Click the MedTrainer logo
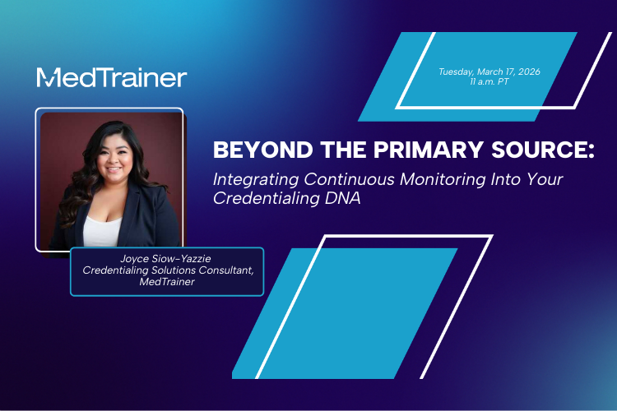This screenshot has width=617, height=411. tap(112, 77)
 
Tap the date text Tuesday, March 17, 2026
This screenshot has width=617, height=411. tap(489, 72)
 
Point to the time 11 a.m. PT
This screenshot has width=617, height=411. tap(489, 83)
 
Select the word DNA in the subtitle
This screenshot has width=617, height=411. tap(336, 196)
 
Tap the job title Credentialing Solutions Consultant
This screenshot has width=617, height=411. tap(165, 271)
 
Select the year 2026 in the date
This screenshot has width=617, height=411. tap(527, 72)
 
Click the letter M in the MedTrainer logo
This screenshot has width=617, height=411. tap(48, 77)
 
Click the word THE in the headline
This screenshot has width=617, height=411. tap(326, 150)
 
